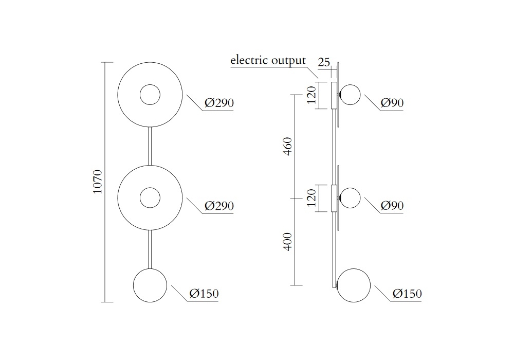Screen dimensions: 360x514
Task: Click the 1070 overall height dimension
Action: tap(98, 182)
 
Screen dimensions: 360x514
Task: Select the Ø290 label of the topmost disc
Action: tap(219, 103)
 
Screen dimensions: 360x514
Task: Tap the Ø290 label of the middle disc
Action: tap(219, 206)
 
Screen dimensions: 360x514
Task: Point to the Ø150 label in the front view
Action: tap(204, 294)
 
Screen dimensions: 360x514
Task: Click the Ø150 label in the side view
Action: tap(407, 294)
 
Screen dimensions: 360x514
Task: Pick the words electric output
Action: tap(268, 60)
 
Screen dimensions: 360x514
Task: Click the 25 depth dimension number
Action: tap(324, 63)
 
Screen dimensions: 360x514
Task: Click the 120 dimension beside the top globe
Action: tap(311, 95)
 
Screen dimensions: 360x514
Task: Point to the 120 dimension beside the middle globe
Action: tap(311, 198)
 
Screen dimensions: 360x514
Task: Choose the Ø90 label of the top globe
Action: tap(392, 103)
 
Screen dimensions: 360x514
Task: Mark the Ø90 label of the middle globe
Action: tap(392, 206)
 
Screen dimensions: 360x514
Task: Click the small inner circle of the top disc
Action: tap(150, 95)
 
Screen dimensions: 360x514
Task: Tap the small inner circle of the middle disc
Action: tap(150, 197)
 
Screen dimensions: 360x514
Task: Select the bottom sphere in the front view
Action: tap(150, 285)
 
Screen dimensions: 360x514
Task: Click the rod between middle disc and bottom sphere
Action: tap(150, 249)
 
